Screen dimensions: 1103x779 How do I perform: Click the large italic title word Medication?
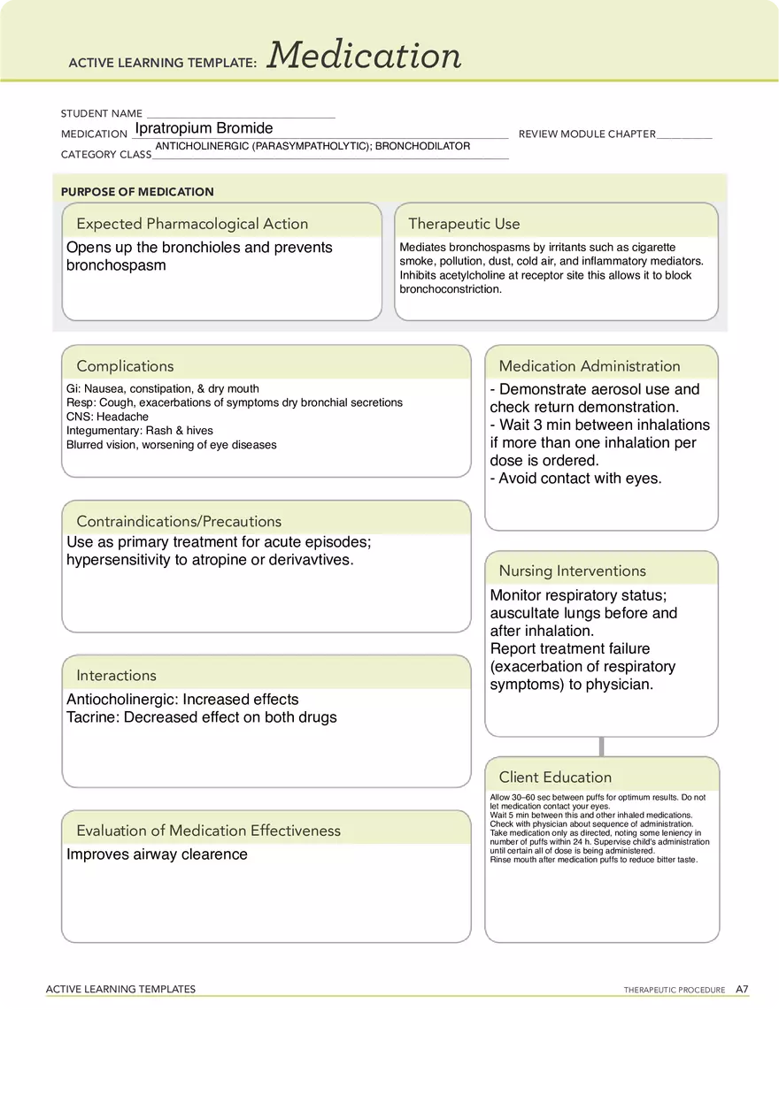click(365, 56)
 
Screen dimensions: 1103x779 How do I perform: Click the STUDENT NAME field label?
click(102, 114)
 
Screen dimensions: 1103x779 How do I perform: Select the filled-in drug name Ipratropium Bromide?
click(204, 128)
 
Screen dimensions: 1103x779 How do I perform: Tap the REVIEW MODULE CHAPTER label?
click(587, 134)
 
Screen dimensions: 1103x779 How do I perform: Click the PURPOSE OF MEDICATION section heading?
click(137, 192)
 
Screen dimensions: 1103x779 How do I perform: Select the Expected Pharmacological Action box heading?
click(192, 224)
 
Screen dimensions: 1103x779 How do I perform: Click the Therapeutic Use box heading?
click(464, 224)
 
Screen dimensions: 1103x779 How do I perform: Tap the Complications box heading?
click(125, 366)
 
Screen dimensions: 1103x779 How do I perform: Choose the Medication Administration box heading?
click(590, 366)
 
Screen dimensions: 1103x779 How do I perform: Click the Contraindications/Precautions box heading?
click(179, 521)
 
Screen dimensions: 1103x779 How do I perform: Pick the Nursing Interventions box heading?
click(572, 571)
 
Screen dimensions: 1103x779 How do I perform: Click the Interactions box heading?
click(116, 676)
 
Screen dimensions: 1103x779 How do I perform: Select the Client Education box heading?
click(555, 777)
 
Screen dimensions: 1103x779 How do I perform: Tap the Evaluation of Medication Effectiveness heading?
click(208, 831)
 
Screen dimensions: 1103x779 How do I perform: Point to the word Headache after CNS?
click(122, 417)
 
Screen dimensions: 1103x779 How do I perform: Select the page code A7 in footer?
click(742, 989)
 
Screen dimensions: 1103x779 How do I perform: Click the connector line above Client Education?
click(602, 746)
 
